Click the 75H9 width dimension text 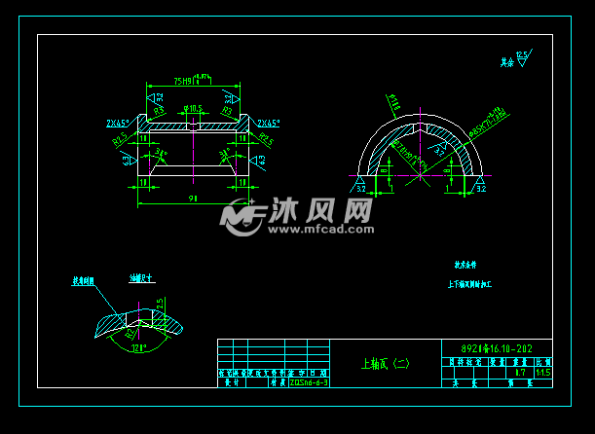click(x=183, y=81)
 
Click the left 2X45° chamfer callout click(x=119, y=124)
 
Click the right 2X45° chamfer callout click(x=269, y=124)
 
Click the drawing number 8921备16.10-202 click(x=496, y=348)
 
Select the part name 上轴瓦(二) click(x=385, y=365)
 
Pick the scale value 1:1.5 click(x=542, y=372)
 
